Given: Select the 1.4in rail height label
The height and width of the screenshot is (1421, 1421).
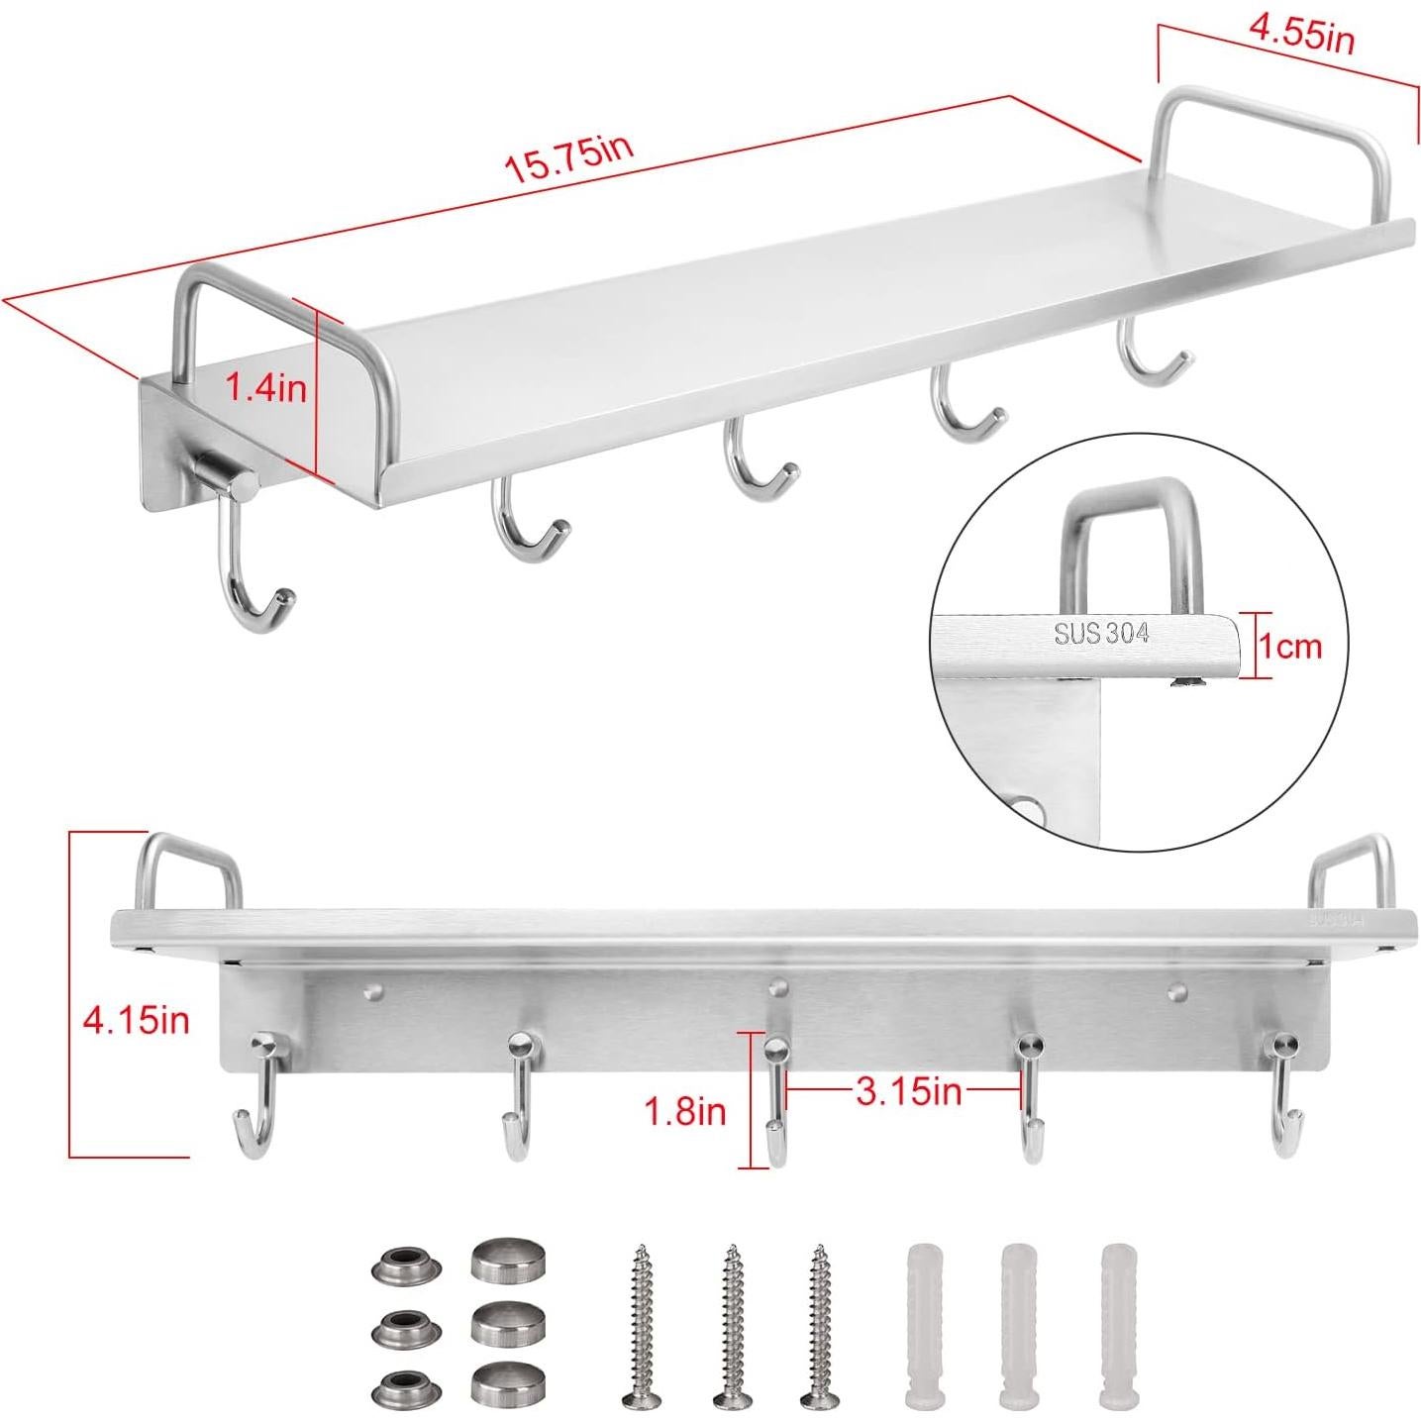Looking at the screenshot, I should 265,386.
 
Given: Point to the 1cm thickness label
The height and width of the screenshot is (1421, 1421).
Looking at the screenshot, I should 1288,647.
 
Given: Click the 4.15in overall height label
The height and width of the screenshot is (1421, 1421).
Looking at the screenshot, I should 136,1019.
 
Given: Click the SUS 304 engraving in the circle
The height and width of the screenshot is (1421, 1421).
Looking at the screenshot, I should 1100,634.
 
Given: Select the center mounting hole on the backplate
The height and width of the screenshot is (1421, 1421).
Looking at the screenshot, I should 779,986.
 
